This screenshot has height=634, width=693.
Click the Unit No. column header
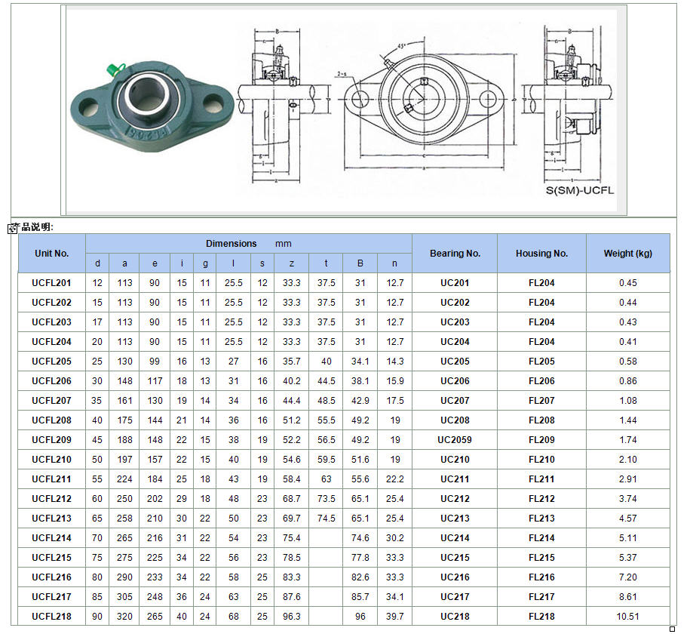click(51, 254)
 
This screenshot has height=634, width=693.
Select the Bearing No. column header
click(455, 254)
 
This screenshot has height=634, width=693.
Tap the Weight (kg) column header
click(627, 254)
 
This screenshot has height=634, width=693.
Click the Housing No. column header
click(541, 254)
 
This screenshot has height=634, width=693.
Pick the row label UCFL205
click(51, 362)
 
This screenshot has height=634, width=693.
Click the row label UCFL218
click(51, 617)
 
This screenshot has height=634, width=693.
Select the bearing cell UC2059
click(455, 440)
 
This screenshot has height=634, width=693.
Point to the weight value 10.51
click(627, 617)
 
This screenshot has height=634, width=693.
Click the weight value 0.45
click(627, 283)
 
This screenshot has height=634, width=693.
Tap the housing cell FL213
click(541, 519)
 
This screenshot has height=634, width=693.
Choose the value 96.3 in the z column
click(291, 617)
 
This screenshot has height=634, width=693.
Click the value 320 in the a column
click(124, 617)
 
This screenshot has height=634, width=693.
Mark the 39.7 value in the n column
click(394, 617)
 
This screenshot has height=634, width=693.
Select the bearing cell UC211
click(455, 479)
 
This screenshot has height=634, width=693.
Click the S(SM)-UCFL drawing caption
click(580, 190)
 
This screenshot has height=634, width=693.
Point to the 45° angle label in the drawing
click(401, 46)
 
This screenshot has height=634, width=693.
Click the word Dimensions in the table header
click(232, 244)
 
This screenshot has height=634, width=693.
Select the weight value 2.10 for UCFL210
click(627, 460)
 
